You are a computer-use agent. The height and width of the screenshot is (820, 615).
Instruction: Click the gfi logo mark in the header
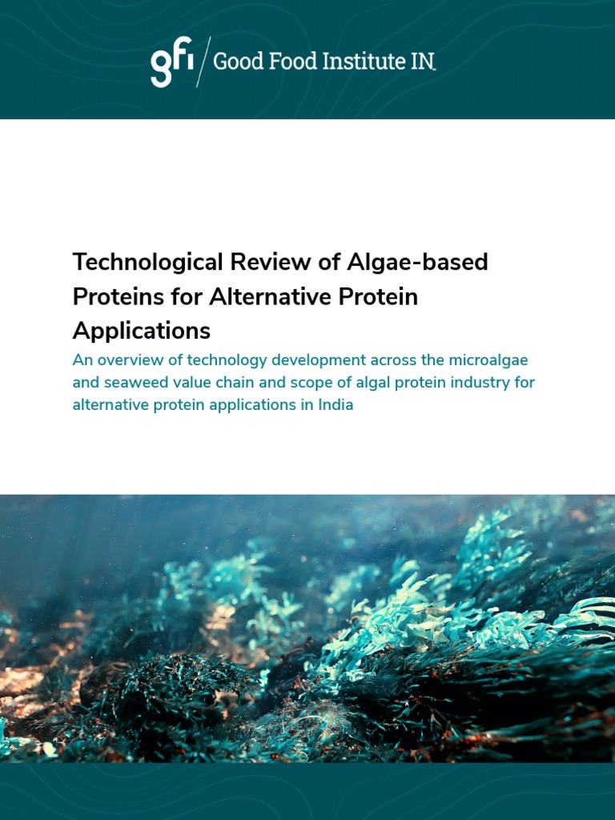click(171, 64)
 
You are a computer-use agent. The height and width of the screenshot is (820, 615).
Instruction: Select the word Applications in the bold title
click(141, 331)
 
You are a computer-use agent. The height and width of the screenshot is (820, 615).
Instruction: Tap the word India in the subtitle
click(336, 404)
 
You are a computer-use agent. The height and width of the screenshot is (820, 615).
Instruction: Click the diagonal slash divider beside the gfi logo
click(203, 62)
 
